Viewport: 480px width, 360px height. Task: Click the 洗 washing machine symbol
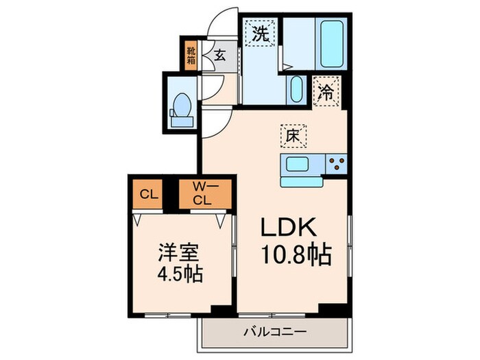point(261,34)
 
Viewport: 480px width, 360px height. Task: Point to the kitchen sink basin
point(300,165)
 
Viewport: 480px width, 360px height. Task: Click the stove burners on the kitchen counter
point(336,165)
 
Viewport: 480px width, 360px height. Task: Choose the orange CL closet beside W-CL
point(146,193)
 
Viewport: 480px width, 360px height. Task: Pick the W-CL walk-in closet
point(201,193)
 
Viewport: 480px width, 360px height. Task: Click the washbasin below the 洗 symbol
point(296,88)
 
